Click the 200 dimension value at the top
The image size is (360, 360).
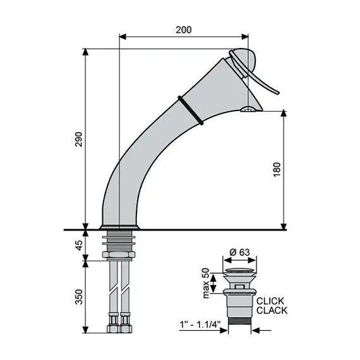click(x=183, y=29)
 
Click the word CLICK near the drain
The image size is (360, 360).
click(x=270, y=300)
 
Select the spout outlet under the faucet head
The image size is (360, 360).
click(x=249, y=111)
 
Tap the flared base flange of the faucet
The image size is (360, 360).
click(x=119, y=225)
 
